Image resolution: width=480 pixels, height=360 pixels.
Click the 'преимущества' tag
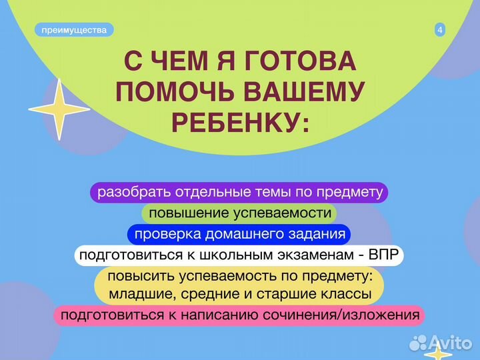tap(74, 30)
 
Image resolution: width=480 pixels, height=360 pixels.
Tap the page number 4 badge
tap(440, 30)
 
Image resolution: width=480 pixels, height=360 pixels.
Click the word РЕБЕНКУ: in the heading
tap(241, 123)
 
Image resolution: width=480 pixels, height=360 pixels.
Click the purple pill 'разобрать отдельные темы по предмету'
tap(239, 193)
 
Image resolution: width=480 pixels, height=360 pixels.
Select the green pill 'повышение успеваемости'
tap(239, 213)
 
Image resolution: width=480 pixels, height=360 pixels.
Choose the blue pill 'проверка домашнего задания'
tap(239, 234)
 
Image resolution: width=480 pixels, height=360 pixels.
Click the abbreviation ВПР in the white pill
tap(383, 255)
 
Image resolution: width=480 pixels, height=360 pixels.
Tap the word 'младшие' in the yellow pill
tap(137, 293)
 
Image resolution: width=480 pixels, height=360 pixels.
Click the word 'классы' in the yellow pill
tap(347, 293)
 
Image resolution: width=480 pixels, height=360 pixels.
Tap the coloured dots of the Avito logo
tap(418, 343)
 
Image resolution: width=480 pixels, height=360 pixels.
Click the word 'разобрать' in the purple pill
tap(129, 193)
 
